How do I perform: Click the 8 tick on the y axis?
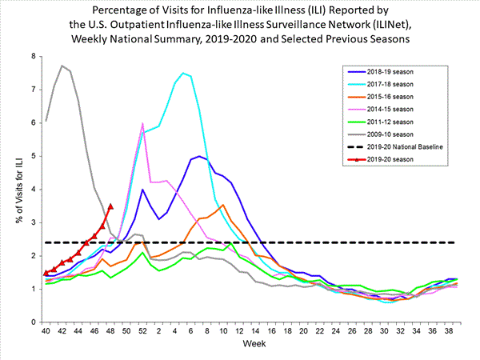(33, 56)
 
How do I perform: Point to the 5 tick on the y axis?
(33, 156)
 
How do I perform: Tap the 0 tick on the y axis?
(33, 322)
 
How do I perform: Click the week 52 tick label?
(142, 330)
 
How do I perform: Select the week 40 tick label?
(46, 330)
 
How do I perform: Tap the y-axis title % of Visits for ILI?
(14, 189)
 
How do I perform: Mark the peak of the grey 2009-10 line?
(62, 66)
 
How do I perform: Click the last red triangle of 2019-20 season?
(110, 206)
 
